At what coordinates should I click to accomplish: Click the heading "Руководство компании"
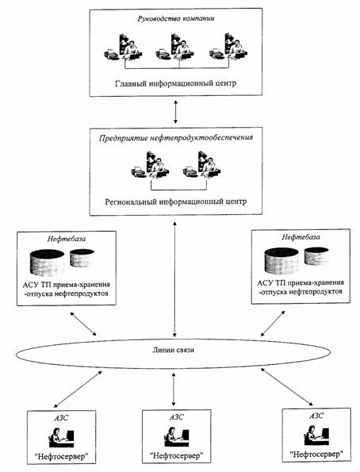coord(176,19)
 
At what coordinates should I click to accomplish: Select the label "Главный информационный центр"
coord(176,83)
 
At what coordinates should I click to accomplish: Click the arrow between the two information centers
coord(176,112)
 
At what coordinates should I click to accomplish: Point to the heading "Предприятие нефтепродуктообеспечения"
coord(176,138)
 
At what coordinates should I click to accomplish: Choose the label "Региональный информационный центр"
coord(176,201)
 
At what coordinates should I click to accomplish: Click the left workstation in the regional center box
coord(150,165)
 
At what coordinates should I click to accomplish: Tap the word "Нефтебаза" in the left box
coord(67,239)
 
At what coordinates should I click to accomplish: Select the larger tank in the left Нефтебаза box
coord(48,263)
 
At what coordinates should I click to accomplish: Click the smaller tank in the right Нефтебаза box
coord(316,256)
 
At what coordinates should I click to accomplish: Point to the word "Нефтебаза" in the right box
coord(301,237)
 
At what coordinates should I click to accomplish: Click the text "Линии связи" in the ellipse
coord(174,350)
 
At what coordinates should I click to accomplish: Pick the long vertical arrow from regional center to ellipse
coord(174,279)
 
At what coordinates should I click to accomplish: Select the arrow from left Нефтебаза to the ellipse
coord(83,324)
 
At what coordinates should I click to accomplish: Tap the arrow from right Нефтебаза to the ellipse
coord(273,324)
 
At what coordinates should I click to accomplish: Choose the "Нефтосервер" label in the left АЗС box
coord(62,457)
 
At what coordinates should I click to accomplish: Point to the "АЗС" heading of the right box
coord(316,416)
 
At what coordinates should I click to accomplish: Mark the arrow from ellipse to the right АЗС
coord(288,387)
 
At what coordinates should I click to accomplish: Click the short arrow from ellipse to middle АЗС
coord(174,389)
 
